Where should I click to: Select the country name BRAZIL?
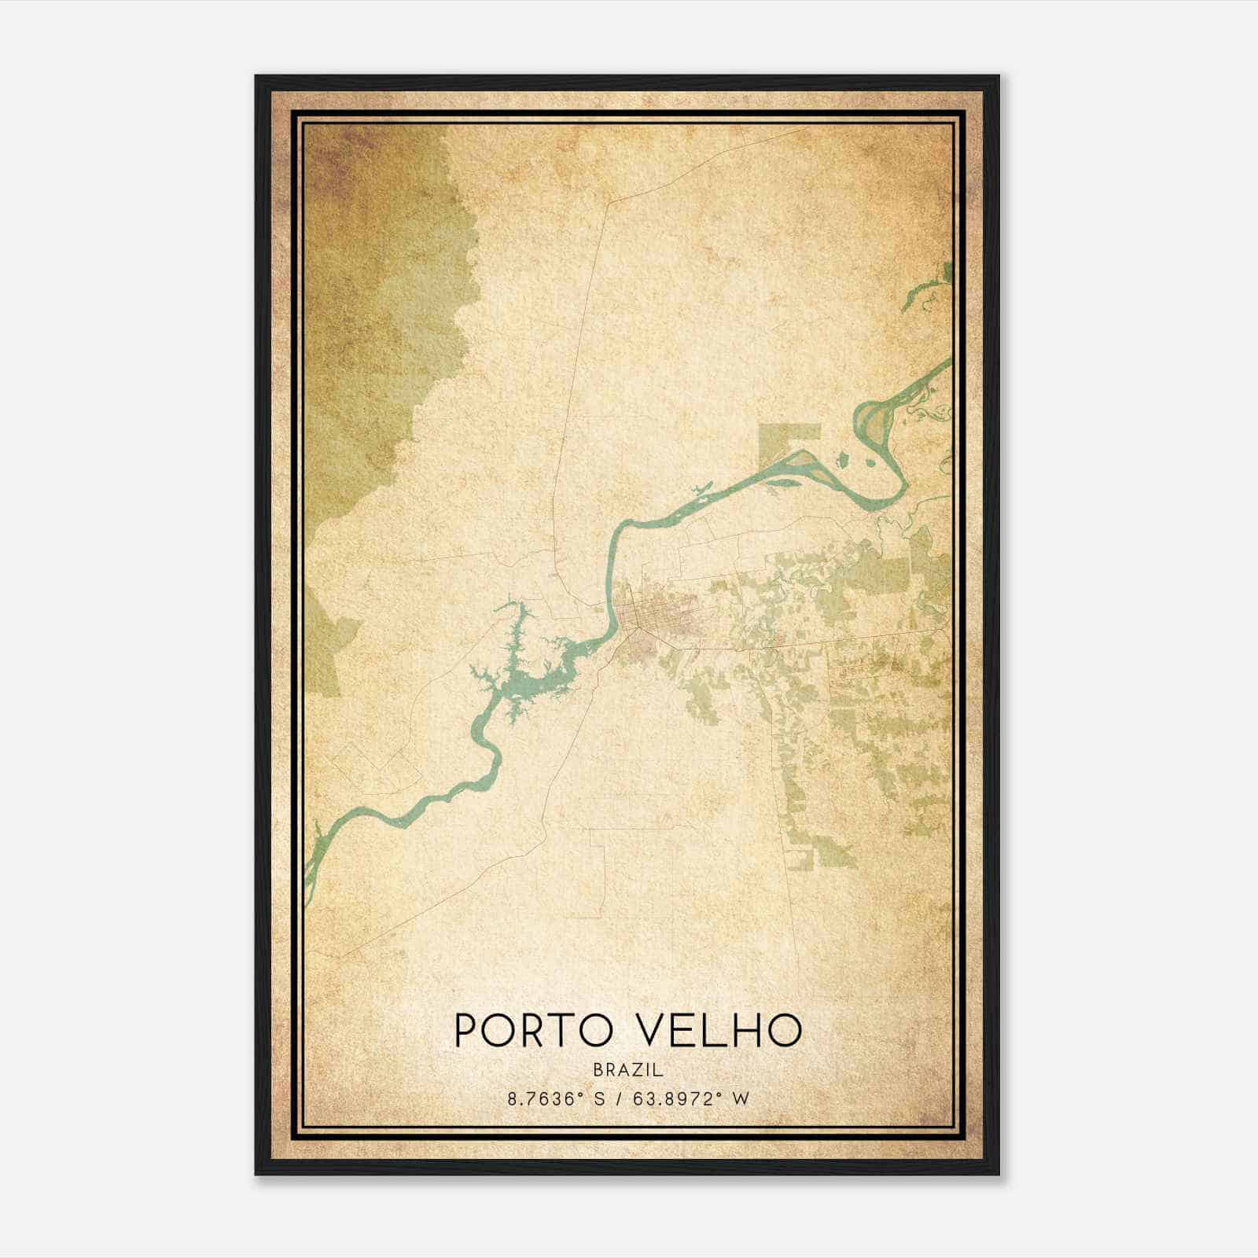(x=629, y=1070)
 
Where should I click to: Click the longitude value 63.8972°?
(x=673, y=1098)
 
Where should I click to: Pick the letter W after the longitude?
(x=741, y=1098)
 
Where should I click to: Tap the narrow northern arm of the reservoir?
(x=515, y=621)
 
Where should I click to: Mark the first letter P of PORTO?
(x=465, y=1030)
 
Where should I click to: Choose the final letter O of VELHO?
(x=788, y=1030)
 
